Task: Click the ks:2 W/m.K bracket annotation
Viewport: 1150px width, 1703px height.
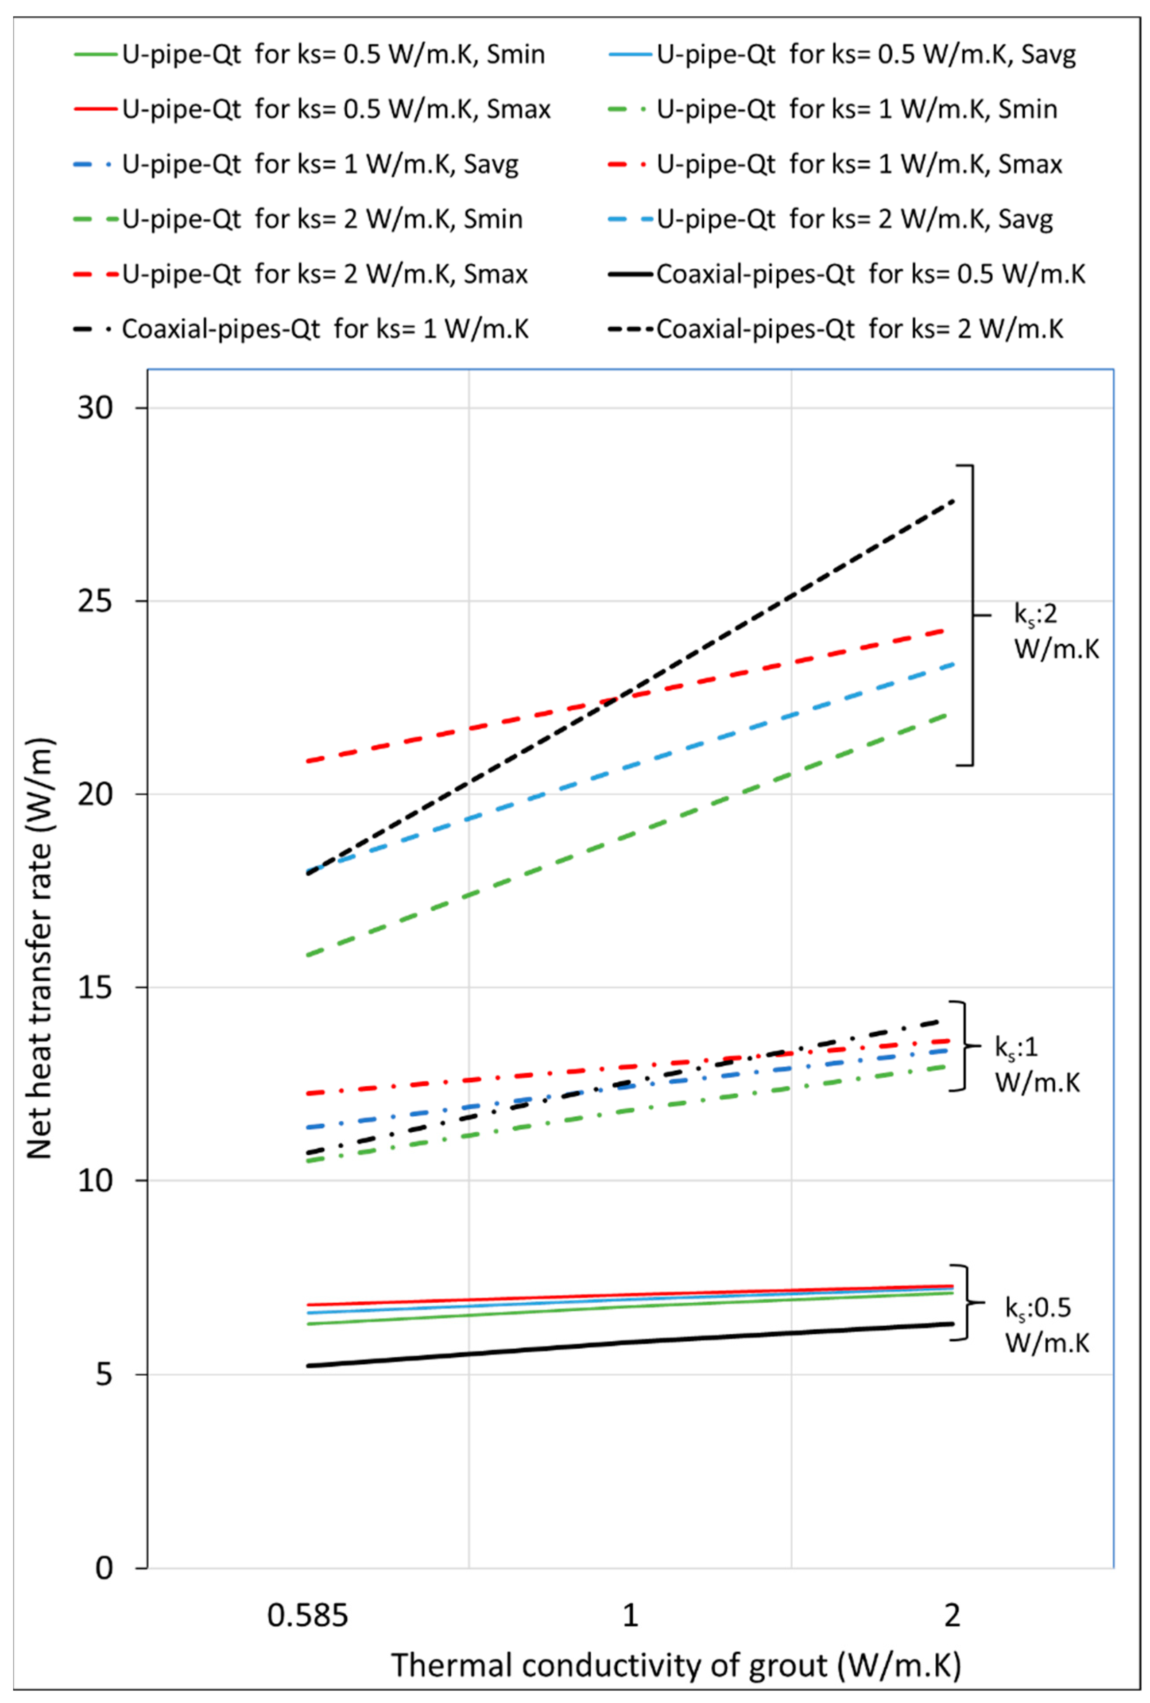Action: pyautogui.click(x=1055, y=632)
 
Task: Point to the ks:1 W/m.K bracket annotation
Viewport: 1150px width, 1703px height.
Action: pyautogui.click(x=1036, y=1065)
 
